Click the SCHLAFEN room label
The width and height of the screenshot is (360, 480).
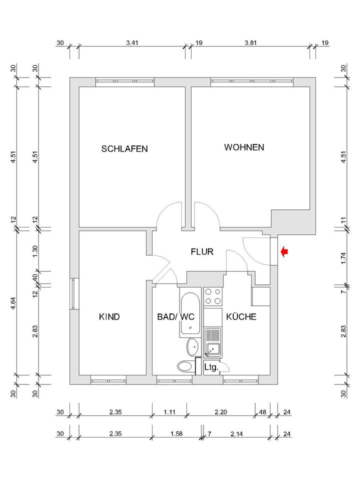124,148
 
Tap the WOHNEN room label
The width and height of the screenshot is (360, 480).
244,147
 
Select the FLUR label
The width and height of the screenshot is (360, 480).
202,251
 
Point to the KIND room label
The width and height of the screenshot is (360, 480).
109,316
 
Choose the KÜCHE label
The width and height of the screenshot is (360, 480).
241,316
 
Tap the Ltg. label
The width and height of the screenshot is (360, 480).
211,367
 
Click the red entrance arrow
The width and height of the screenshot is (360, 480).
284,252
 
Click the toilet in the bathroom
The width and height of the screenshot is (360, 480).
186,366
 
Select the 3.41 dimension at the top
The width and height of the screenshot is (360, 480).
132,43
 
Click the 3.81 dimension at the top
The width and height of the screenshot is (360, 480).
250,43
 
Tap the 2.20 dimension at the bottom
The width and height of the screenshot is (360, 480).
220,413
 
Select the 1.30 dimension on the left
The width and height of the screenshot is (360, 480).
35,251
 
